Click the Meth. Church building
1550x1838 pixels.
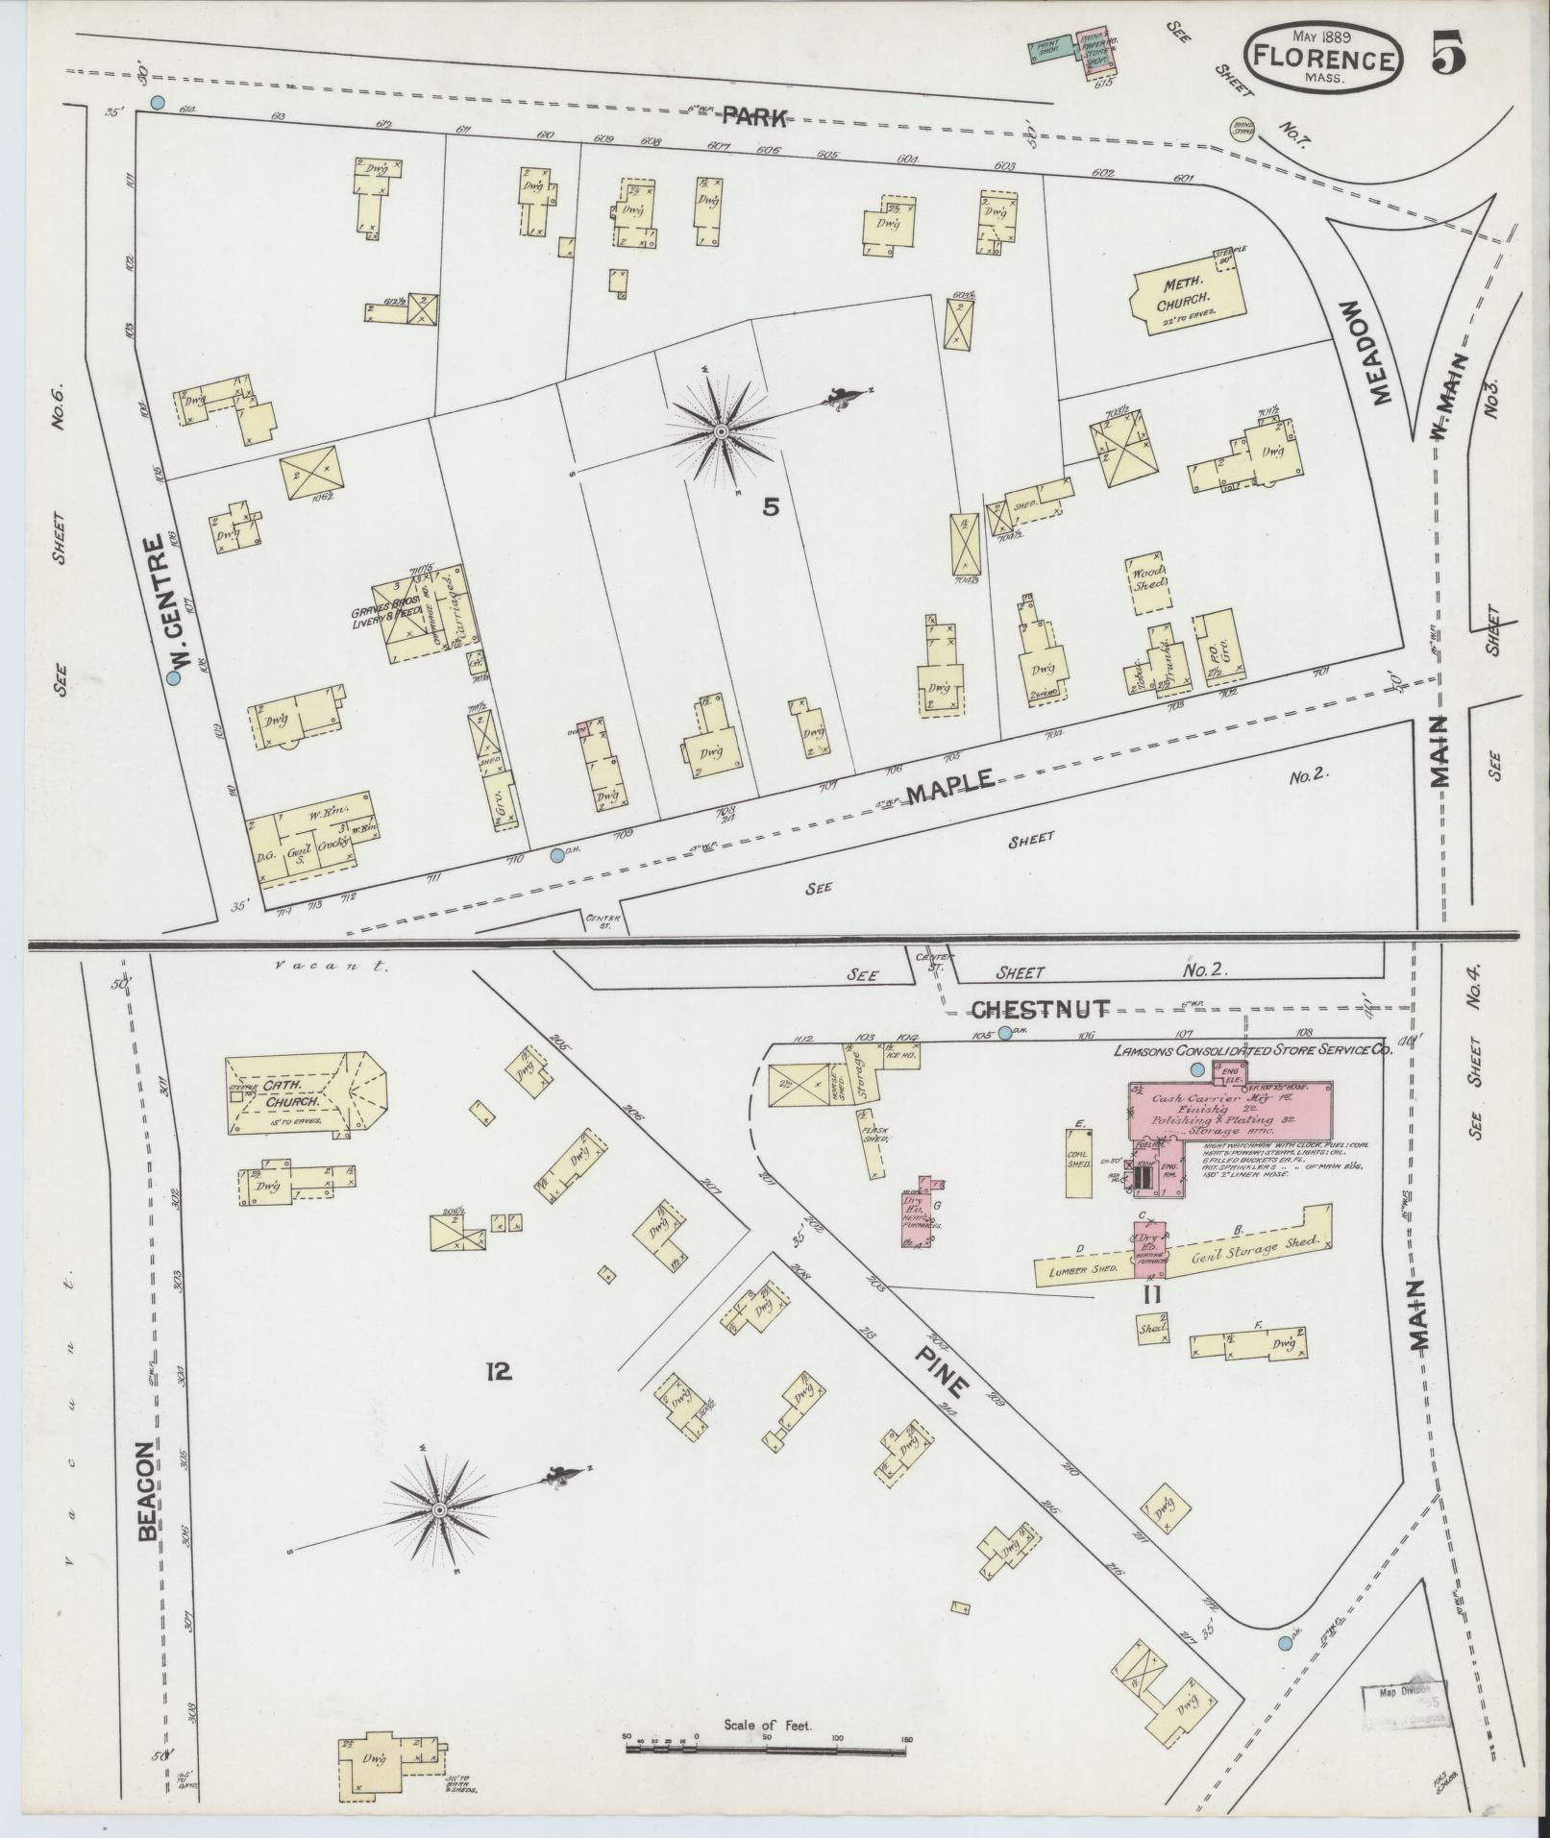[x=1176, y=301]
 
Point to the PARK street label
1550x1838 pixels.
[x=754, y=117]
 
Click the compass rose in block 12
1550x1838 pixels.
[x=439, y=1511]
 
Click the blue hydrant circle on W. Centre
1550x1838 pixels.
[x=174, y=677]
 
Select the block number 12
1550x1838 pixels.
[x=499, y=1372]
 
